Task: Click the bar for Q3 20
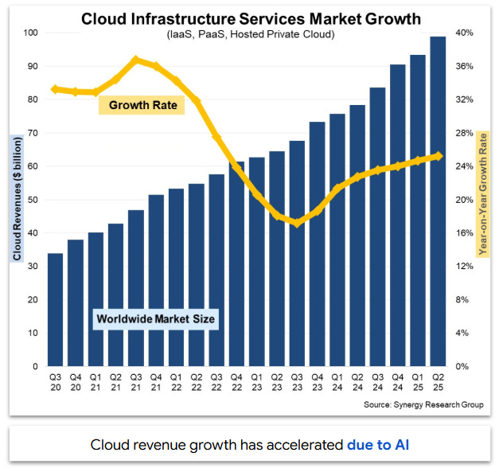pos(56,310)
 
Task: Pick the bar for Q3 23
pos(297,255)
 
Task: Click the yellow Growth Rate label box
pos(142,105)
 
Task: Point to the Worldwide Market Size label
pos(156,319)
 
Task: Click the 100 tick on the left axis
pos(32,33)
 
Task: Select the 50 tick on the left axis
pos(32,200)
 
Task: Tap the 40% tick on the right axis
pos(466,33)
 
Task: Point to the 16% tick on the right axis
pos(466,233)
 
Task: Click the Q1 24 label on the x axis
pos(337,383)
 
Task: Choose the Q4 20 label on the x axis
pos(76,383)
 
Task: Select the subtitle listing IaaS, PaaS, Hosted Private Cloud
pos(250,35)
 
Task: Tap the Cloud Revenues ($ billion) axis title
pos(17,198)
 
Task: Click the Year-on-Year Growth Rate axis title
pos(482,195)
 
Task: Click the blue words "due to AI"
pos(378,443)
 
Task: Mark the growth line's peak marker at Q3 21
pos(136,60)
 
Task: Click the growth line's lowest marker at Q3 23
pos(297,223)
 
